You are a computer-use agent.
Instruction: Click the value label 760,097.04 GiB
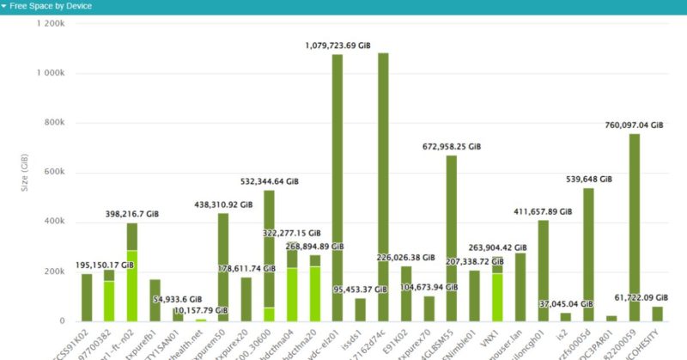pyautogui.click(x=635, y=125)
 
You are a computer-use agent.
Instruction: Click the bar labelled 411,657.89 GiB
pyautogui.click(x=543, y=271)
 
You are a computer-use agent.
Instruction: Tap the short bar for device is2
pyautogui.click(x=565, y=317)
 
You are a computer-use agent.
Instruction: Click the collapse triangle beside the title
pyautogui.click(x=4, y=6)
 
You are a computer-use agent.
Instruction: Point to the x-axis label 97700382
pyautogui.click(x=98, y=339)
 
